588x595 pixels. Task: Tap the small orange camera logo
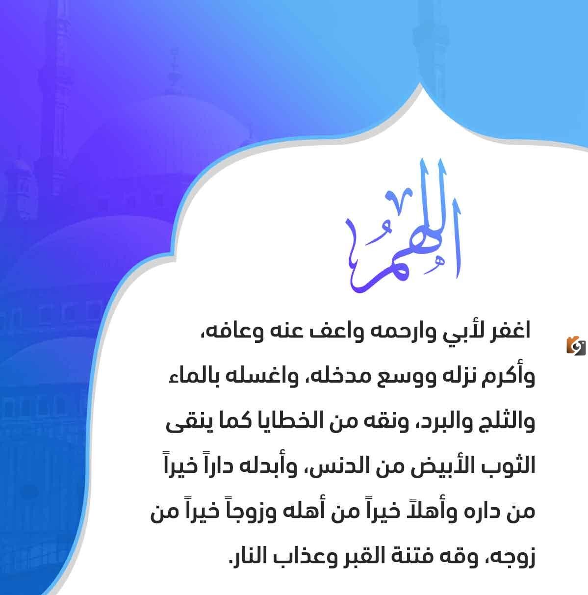pyautogui.click(x=576, y=345)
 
